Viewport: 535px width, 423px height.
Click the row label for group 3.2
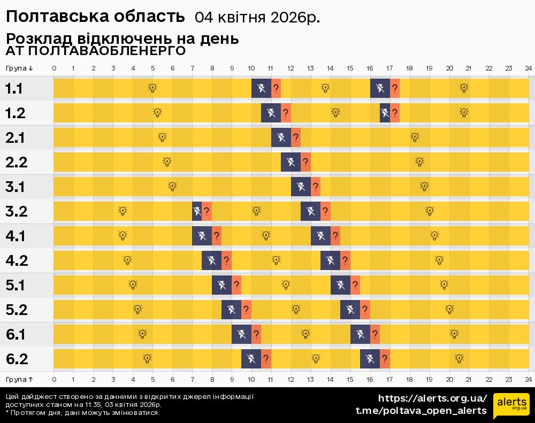(17, 211)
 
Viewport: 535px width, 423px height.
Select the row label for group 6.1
(17, 335)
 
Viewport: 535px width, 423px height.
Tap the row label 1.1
(14, 89)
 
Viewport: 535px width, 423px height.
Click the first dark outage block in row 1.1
(261, 88)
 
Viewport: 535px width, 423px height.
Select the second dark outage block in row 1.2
(385, 113)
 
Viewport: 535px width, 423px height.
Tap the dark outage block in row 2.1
(281, 137)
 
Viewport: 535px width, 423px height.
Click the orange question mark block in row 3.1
(316, 187)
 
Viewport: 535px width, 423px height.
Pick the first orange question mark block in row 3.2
(207, 211)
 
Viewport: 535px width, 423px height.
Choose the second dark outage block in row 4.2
(330, 260)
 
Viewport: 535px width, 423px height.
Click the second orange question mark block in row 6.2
(385, 359)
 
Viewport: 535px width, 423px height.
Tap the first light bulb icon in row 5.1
(133, 284)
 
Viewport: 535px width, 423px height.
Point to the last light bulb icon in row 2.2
(419, 161)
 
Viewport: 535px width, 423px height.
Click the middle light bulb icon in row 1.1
(325, 88)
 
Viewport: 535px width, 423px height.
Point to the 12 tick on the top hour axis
(291, 68)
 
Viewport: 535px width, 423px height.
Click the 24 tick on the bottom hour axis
(528, 379)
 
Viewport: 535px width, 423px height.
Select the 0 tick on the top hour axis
(54, 68)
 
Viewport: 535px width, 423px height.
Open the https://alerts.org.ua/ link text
(432, 398)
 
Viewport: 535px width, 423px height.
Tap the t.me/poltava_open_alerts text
(421, 411)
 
